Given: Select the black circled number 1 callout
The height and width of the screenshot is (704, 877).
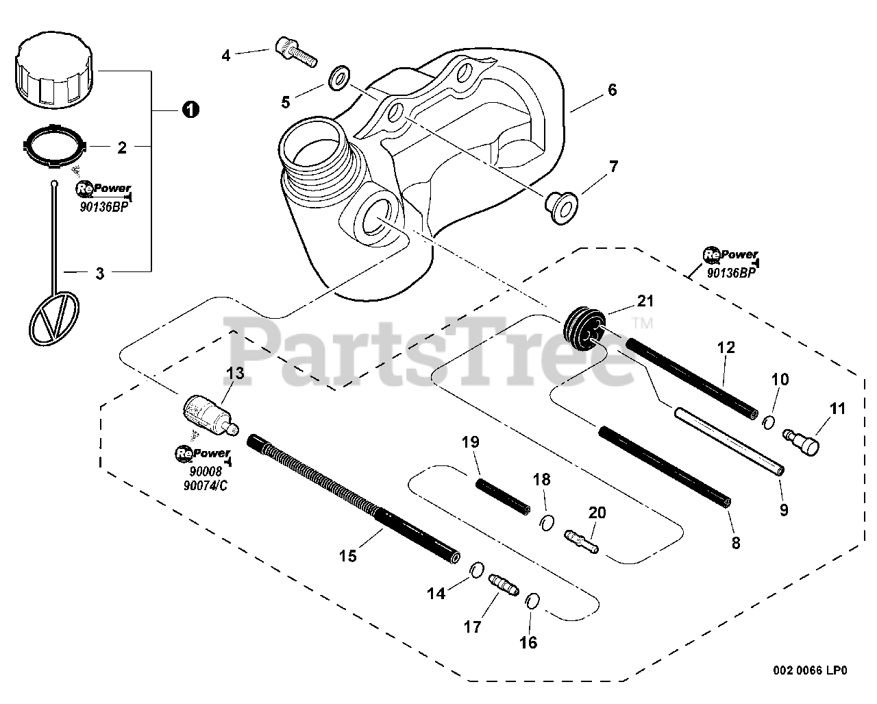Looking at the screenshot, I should (x=190, y=109).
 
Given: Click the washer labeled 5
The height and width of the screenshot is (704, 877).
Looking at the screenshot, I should (x=337, y=79).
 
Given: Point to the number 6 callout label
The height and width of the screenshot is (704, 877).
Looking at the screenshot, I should (x=612, y=90).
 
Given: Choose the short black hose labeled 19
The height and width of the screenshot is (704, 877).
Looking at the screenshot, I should (x=503, y=497).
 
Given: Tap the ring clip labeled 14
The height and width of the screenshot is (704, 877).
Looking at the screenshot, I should (x=478, y=570).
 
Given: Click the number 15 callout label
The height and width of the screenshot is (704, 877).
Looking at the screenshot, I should (x=348, y=555).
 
